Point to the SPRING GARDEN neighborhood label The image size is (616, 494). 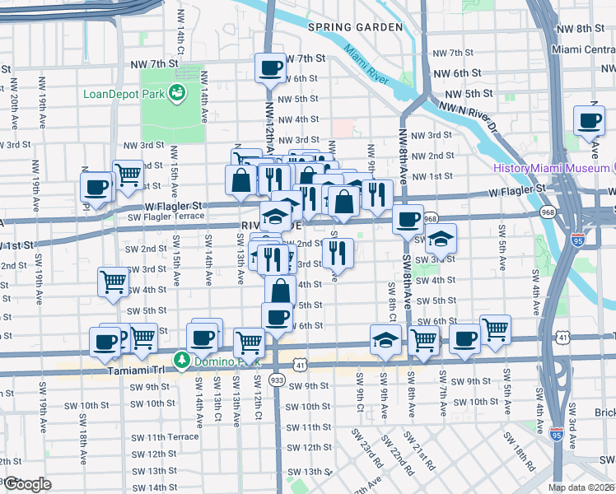click(355, 27)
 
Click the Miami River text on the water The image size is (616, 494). click(366, 66)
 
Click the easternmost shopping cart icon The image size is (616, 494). click(495, 329)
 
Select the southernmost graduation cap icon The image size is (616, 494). click(385, 340)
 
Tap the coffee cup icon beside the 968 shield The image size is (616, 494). click(407, 220)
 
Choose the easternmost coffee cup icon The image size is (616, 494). click(590, 120)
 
